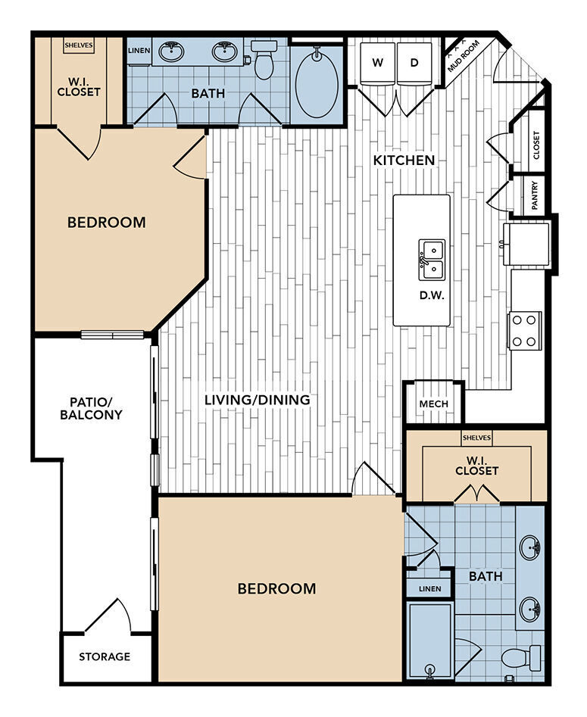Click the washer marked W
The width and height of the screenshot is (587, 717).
click(x=376, y=63)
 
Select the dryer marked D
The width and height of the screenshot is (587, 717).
click(x=414, y=63)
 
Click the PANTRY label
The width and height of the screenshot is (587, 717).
click(x=535, y=195)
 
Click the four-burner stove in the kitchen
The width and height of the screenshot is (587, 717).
click(x=524, y=330)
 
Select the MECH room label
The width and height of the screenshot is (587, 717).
click(x=433, y=404)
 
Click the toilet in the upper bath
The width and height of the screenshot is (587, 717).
click(x=264, y=60)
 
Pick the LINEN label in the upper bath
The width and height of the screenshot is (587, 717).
click(x=139, y=51)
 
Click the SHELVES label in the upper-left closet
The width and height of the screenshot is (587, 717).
click(x=78, y=45)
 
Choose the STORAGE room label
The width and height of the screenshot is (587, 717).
click(x=105, y=656)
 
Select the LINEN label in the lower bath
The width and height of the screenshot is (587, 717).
click(x=429, y=588)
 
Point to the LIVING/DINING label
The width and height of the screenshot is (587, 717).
click(x=258, y=399)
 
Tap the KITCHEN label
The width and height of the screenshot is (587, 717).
click(x=404, y=160)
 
